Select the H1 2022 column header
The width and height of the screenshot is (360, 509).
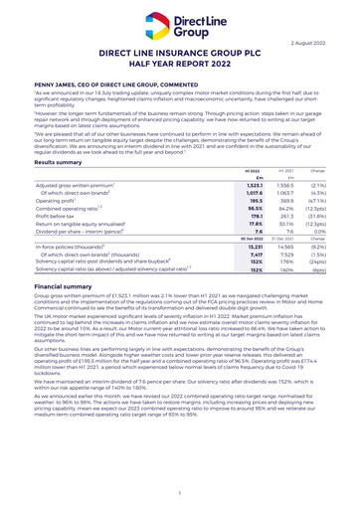pos(224,170)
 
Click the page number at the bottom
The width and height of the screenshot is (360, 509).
pos(180,492)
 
